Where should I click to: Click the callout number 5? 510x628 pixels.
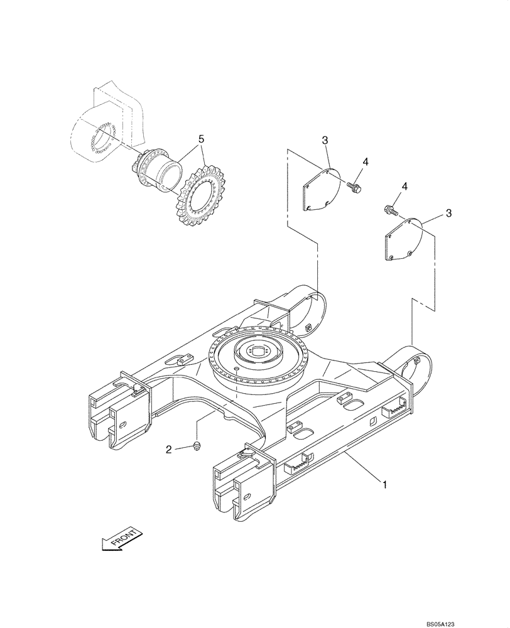click(200, 138)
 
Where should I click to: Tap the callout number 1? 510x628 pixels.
click(384, 484)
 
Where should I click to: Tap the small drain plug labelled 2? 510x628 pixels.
click(197, 447)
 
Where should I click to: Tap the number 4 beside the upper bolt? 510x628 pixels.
click(366, 161)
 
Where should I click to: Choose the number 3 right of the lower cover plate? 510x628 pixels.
click(448, 214)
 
